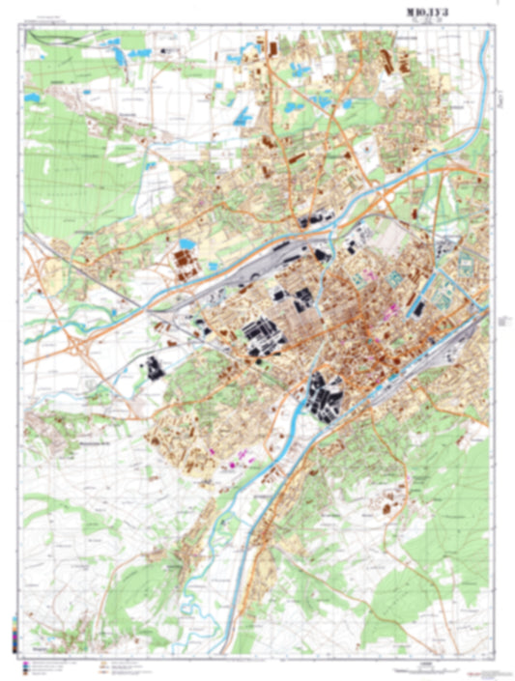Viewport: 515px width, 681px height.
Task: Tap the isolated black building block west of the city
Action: pyautogui.click(x=152, y=367)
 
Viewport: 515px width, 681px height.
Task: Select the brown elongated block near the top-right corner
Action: pyautogui.click(x=390, y=59)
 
